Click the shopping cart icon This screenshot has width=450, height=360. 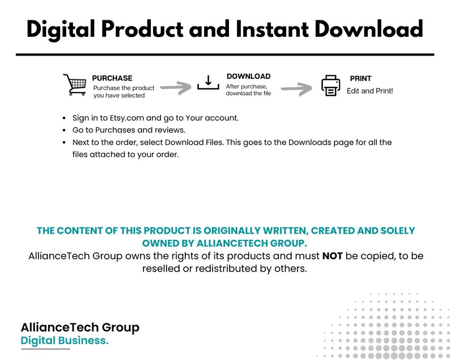[x=75, y=84]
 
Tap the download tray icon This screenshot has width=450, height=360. [x=209, y=83]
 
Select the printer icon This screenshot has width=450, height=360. [x=330, y=86]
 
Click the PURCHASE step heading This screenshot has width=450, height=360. [x=112, y=78]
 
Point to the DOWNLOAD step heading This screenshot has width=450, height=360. [x=249, y=77]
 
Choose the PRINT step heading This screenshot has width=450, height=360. [x=360, y=78]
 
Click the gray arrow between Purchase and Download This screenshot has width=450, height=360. [x=176, y=87]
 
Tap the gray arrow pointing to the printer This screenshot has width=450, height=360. [x=296, y=89]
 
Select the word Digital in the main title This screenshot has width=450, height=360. [x=61, y=30]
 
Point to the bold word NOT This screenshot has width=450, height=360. [x=332, y=256]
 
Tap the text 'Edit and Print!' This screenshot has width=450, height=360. [x=370, y=91]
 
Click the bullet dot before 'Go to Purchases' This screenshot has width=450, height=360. [x=64, y=130]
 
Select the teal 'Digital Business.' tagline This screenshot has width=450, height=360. [x=65, y=341]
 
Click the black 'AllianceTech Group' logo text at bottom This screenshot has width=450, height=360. [x=80, y=327]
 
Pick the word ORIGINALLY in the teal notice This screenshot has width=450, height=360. [x=232, y=231]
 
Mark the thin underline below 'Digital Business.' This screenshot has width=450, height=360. [x=46, y=349]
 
